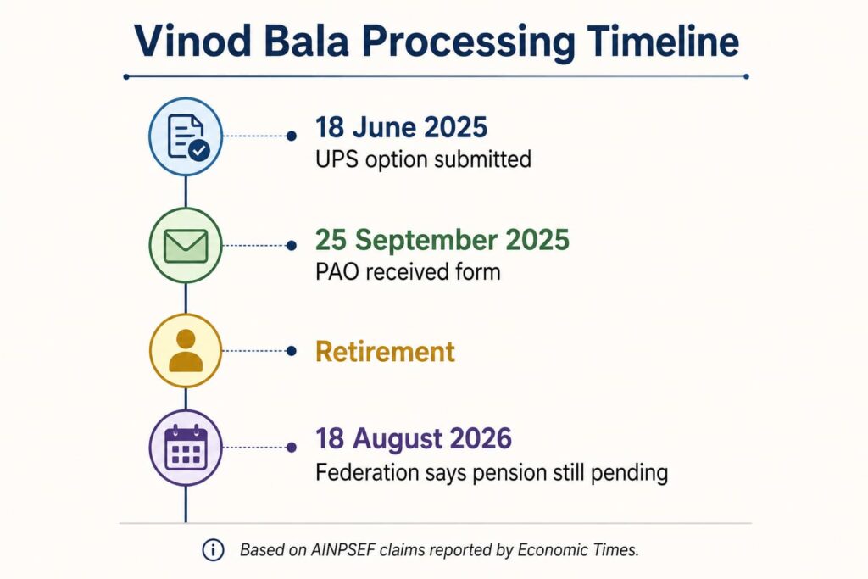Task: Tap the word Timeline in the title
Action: [x=663, y=41]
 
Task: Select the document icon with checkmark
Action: [x=186, y=136]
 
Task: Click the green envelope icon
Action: [x=186, y=245]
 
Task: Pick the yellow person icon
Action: [x=186, y=351]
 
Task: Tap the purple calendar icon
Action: [x=186, y=448]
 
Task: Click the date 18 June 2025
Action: [x=401, y=127]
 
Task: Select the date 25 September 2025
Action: [x=442, y=240]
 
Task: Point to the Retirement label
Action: [x=386, y=352]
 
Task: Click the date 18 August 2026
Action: [x=414, y=438]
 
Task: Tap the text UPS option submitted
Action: [x=424, y=159]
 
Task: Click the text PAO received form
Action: [x=408, y=272]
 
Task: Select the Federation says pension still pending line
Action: [x=492, y=473]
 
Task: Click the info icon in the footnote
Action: [x=213, y=549]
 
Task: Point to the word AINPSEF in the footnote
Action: [x=343, y=549]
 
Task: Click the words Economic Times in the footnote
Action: [x=578, y=549]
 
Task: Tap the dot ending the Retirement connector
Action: [x=292, y=351]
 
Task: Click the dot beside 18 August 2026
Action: [x=292, y=448]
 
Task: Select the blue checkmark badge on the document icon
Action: [x=199, y=150]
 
